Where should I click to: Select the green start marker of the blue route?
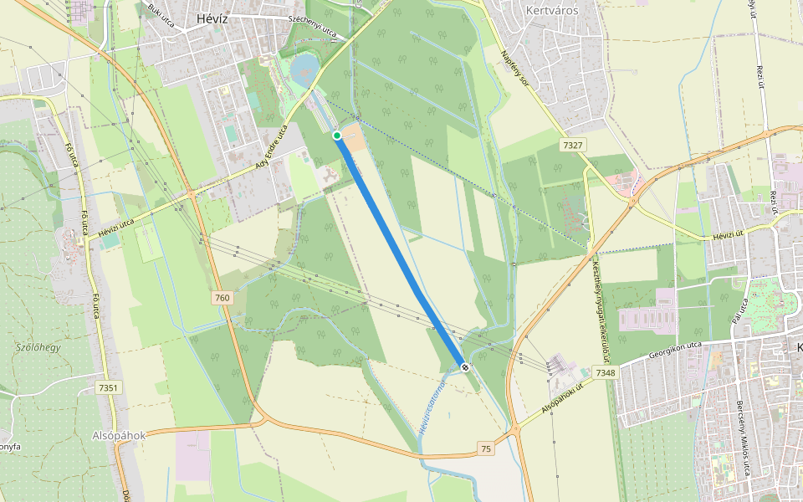tap(337, 136)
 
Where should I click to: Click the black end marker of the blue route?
tap(463, 366)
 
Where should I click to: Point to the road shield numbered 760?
tap(222, 298)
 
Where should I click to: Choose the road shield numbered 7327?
tap(572, 146)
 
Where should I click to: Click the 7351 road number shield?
tap(108, 387)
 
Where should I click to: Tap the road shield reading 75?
tap(486, 449)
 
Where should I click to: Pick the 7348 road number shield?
tap(605, 372)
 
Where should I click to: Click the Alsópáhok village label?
tap(120, 436)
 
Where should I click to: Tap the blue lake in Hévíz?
tap(305, 64)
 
